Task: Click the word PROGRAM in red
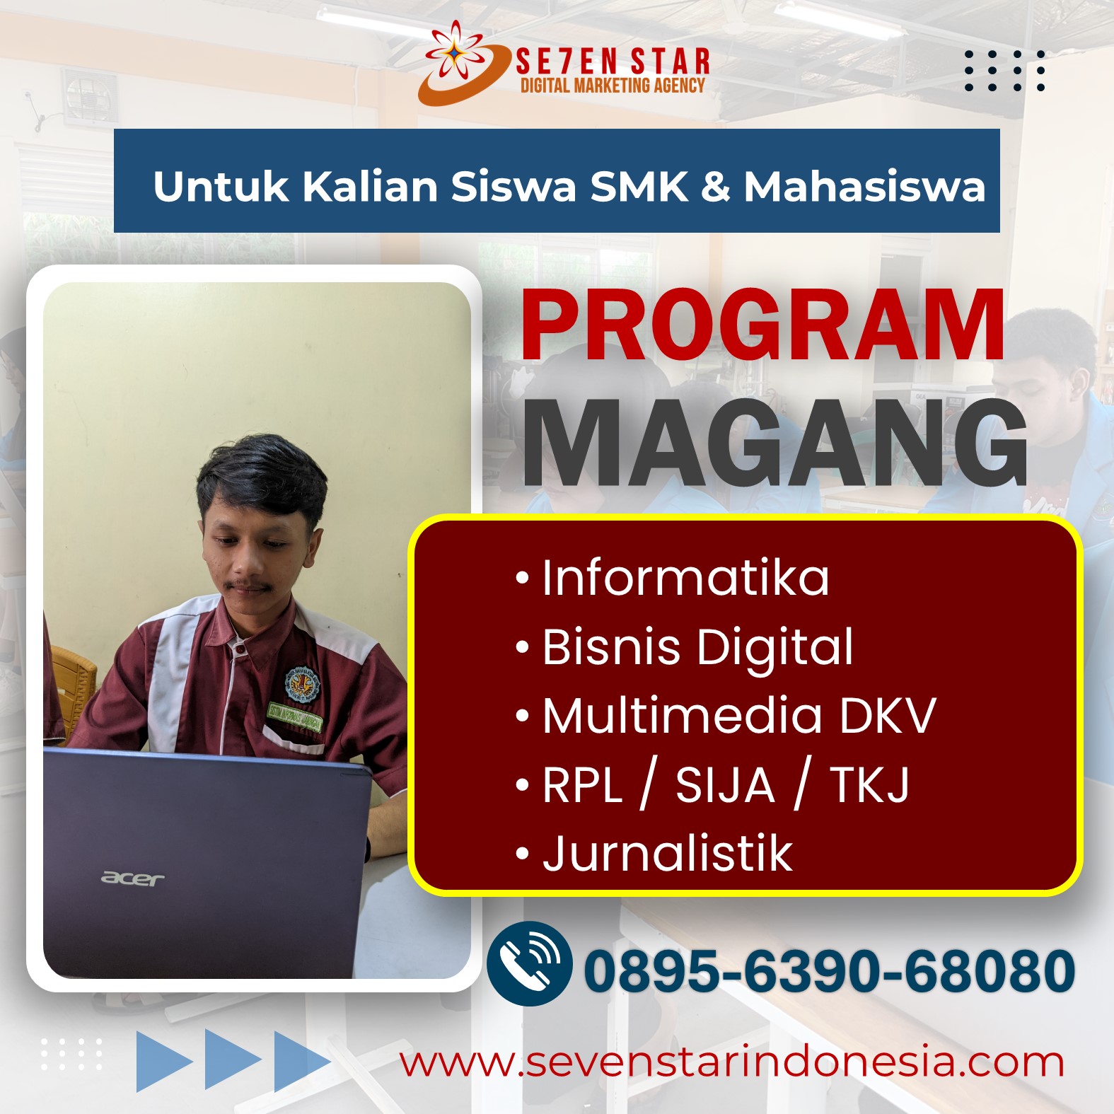pos(762,325)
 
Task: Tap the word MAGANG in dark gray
pos(774,443)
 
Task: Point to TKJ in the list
pos(869,784)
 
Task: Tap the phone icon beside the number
pos(529,963)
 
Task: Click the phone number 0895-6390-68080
pos(829,970)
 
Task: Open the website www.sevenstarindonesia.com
pos(732,1062)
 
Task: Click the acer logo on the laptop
pos(132,878)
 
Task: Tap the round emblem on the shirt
pos(302,685)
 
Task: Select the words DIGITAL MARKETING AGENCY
pos(613,86)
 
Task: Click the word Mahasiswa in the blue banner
pos(864,187)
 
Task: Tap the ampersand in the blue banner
pos(715,187)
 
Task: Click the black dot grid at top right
pos(1004,71)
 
